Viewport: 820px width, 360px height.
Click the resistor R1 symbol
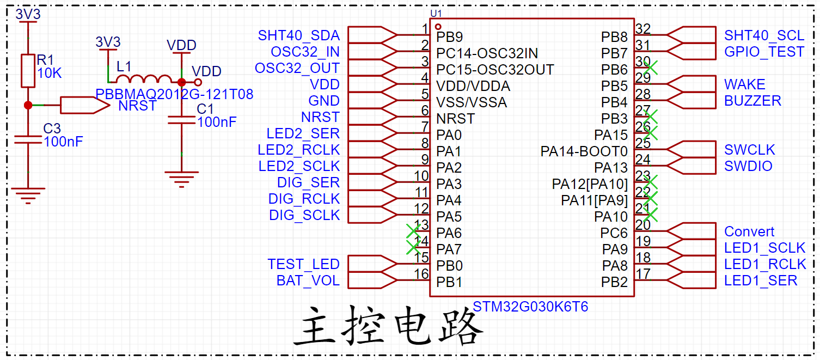click(x=28, y=71)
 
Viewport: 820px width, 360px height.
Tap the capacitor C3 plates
click(x=28, y=139)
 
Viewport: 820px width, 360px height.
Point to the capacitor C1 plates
click(x=181, y=120)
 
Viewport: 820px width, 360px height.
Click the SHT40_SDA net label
click(x=299, y=35)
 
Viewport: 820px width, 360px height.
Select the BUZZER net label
click(x=752, y=101)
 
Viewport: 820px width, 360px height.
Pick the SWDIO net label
click(x=748, y=166)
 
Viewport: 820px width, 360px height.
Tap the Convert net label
click(x=749, y=231)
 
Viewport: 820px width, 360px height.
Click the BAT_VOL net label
click(x=308, y=280)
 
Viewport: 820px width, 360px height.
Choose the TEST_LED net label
click(x=303, y=264)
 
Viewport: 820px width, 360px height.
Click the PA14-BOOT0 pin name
click(x=584, y=151)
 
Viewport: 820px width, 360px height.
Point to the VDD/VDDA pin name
click(x=473, y=86)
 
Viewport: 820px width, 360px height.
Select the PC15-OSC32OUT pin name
click(x=495, y=70)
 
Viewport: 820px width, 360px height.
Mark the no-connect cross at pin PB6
click(x=651, y=68)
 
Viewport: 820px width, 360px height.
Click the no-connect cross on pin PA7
click(x=413, y=248)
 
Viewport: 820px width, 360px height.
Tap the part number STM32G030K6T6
click(x=530, y=307)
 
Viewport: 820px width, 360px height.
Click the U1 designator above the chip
click(x=436, y=14)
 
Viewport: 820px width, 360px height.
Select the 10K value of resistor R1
click(x=50, y=73)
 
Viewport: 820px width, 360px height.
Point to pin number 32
click(x=643, y=28)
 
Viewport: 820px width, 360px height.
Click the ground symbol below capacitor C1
click(x=181, y=179)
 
